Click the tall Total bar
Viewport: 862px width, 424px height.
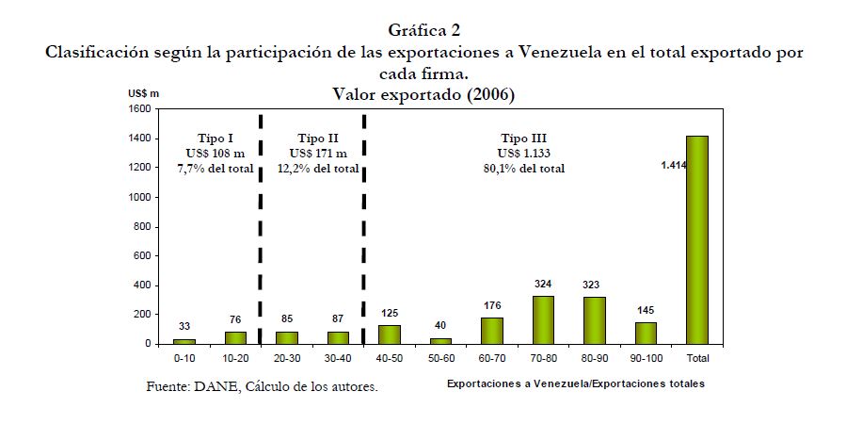696,239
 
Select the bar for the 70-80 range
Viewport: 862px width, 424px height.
543,320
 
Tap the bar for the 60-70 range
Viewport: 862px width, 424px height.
492,331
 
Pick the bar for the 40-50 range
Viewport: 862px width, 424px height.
390,334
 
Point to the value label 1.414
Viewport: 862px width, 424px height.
675,165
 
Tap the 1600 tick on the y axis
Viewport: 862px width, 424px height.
138,109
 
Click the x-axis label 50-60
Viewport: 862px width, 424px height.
440,359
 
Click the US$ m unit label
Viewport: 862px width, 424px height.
145,93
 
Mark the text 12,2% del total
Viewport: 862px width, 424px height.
318,169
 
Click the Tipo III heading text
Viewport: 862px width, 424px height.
524,138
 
